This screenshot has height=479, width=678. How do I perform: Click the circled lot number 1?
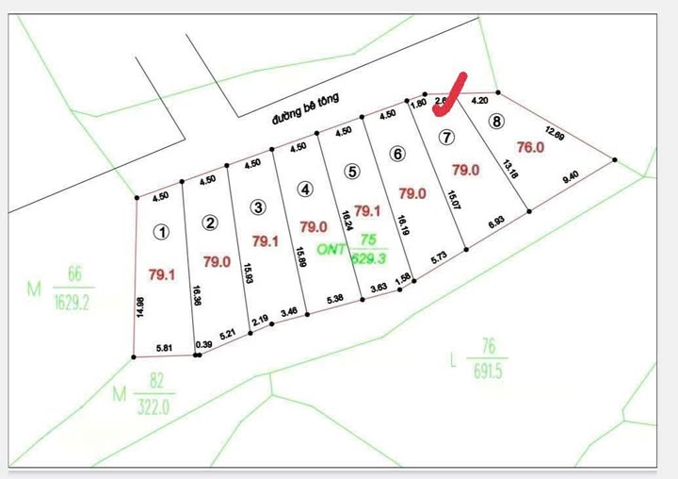[163, 231]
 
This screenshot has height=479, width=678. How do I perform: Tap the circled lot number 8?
[496, 121]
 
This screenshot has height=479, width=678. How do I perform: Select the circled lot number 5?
[351, 172]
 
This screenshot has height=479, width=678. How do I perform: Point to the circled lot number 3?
[256, 206]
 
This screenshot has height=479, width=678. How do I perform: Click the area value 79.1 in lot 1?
[162, 274]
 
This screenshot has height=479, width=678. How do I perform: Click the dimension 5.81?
[166, 348]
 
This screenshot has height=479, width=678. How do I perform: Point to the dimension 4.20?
[479, 99]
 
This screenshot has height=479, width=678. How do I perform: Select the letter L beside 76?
[453, 359]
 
